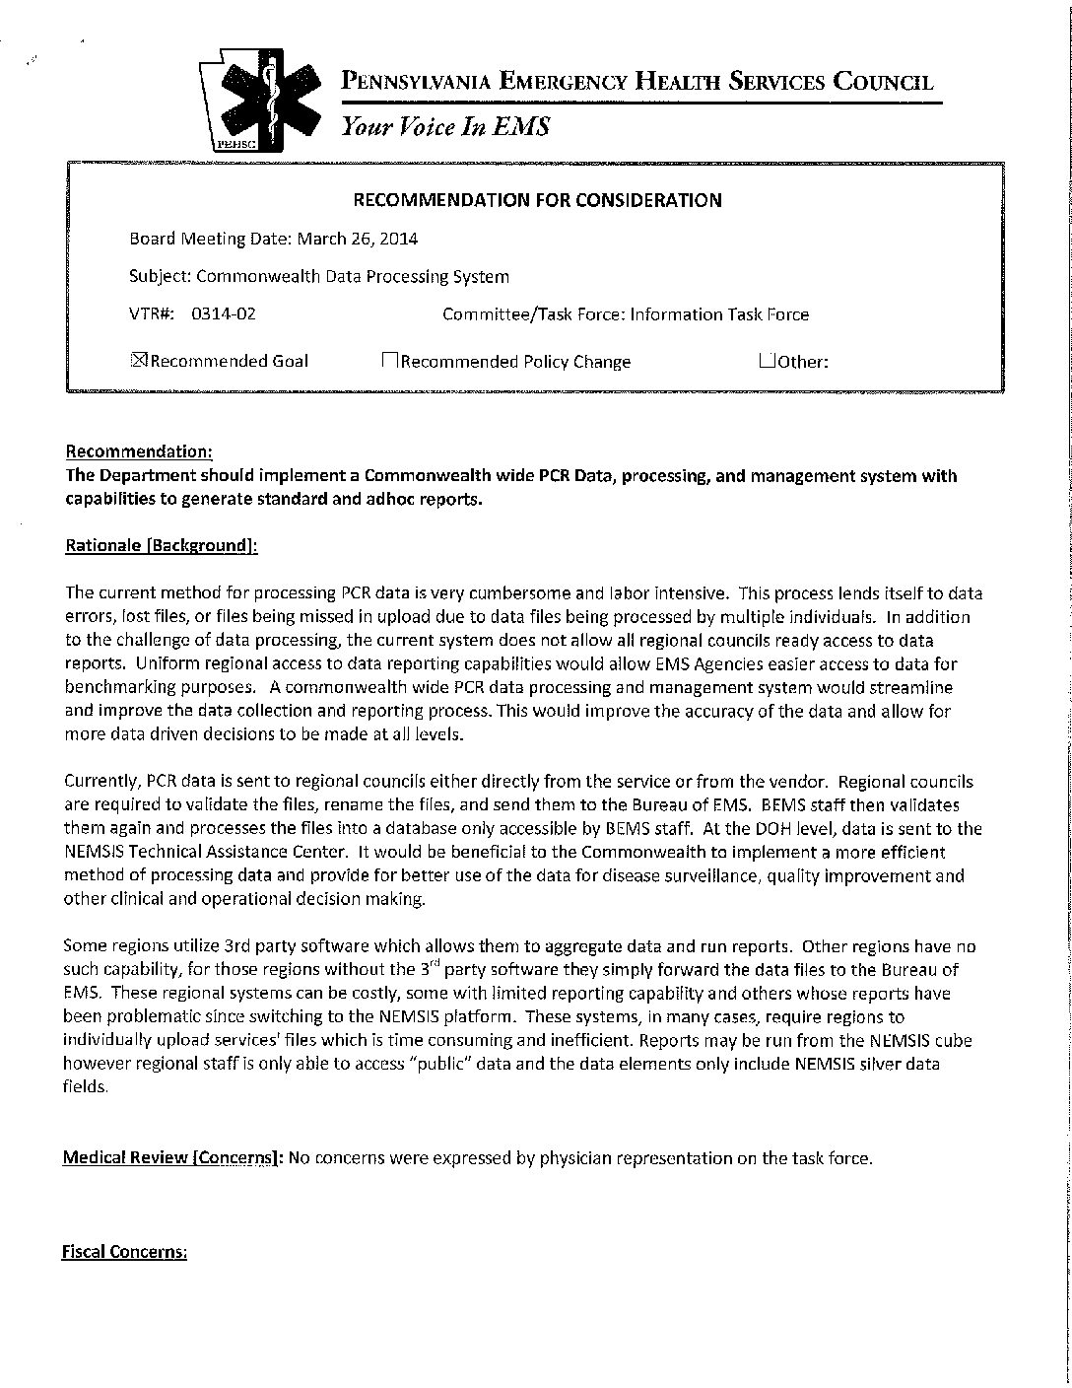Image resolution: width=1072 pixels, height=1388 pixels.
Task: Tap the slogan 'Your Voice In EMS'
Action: coord(445,127)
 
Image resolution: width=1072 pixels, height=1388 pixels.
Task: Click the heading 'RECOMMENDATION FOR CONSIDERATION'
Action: coord(537,200)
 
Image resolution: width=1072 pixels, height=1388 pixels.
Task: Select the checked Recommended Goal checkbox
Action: coord(138,360)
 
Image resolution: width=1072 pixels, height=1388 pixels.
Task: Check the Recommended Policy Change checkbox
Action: coord(390,361)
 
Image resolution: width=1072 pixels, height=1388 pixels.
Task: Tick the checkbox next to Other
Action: coord(767,360)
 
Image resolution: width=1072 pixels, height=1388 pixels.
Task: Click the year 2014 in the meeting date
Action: coord(400,239)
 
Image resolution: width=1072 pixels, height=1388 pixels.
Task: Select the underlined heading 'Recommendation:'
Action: coord(139,451)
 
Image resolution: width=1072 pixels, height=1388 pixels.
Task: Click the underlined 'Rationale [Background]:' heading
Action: coord(162,546)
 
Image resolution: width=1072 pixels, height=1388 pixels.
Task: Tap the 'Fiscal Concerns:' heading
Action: coord(125,1252)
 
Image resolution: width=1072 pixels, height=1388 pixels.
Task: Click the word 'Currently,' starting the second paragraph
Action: coord(102,782)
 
